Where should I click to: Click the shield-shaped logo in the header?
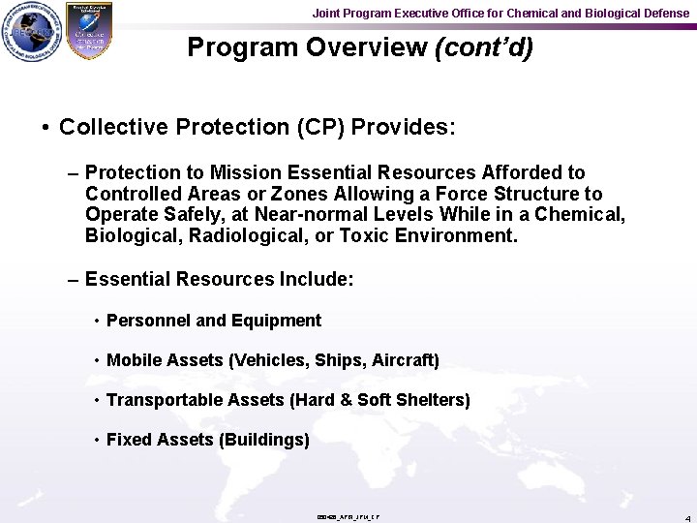click(88, 31)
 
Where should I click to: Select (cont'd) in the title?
click(484, 47)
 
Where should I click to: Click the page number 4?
click(686, 517)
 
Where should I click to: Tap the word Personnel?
click(144, 321)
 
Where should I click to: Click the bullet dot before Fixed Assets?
click(97, 441)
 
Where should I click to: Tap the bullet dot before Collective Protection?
click(46, 128)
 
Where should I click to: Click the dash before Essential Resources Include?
click(74, 280)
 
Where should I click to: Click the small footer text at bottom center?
click(348, 517)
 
